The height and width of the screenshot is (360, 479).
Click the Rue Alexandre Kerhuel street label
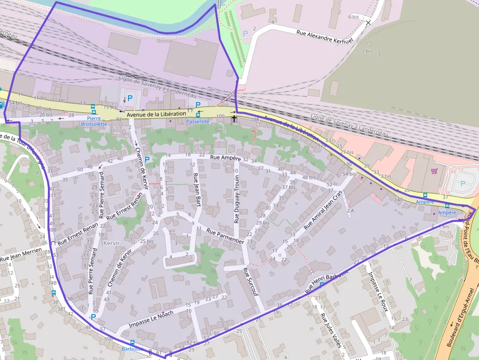point(325,37)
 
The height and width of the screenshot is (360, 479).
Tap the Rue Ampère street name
point(225,158)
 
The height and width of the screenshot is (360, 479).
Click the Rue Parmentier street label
point(225,235)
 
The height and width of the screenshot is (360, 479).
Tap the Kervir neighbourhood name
point(112,243)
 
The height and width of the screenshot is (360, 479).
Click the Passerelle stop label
point(198,122)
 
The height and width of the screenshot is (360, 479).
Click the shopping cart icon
point(434,171)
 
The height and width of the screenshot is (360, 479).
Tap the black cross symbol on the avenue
point(234,118)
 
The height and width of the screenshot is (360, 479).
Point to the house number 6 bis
point(353,17)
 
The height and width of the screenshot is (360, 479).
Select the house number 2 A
point(349,211)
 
